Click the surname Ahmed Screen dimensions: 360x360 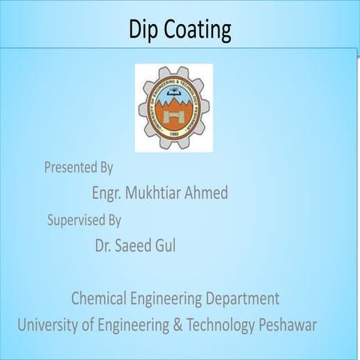pyautogui.click(x=205, y=193)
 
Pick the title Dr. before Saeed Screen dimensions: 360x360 pyautogui.click(x=103, y=245)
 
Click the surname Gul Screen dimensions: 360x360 pyautogui.click(x=166, y=245)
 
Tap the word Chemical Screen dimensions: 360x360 pyautogui.click(x=100, y=298)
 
